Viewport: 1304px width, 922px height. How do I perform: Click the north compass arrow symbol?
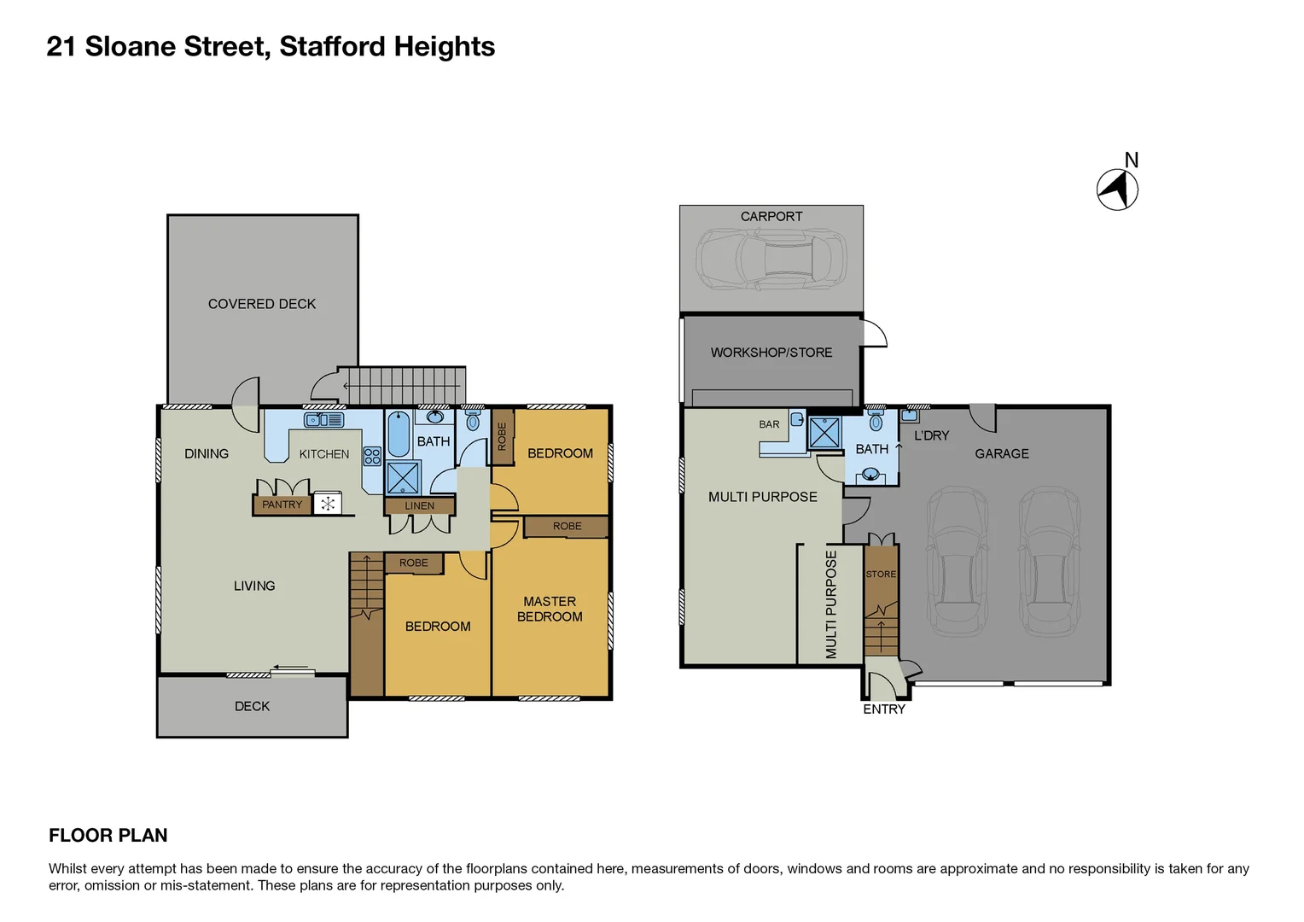tap(1117, 189)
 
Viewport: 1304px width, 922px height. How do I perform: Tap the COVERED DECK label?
tap(262, 304)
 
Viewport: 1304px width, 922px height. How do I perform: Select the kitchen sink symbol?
tap(324, 420)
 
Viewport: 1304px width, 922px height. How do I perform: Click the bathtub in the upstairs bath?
tap(399, 434)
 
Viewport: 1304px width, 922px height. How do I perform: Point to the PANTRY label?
tap(282, 505)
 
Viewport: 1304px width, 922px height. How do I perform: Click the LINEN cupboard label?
tap(419, 506)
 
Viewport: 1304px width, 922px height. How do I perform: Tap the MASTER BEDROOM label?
tap(550, 609)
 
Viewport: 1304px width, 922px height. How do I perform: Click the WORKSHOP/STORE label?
tap(771, 353)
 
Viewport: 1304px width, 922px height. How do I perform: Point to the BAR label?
tap(769, 424)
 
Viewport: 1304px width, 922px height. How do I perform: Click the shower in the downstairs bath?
tap(824, 432)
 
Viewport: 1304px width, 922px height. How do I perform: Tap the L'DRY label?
tap(931, 435)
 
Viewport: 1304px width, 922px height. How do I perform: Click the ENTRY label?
tap(884, 709)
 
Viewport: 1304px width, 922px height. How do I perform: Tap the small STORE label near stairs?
tap(881, 575)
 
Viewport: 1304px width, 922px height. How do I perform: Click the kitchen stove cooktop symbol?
tap(372, 456)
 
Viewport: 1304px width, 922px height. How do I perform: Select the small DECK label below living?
tap(252, 706)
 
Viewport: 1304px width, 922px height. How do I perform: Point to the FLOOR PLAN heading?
tap(108, 836)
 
